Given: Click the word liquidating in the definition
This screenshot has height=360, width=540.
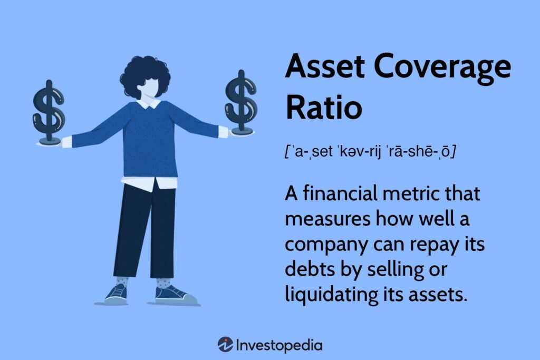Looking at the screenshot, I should click(x=329, y=295).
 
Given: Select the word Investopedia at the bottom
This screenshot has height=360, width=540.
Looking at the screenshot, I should click(x=279, y=345).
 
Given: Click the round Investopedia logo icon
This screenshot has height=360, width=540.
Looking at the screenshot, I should click(x=225, y=345).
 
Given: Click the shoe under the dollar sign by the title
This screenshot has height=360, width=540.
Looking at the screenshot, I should click(x=173, y=293).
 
